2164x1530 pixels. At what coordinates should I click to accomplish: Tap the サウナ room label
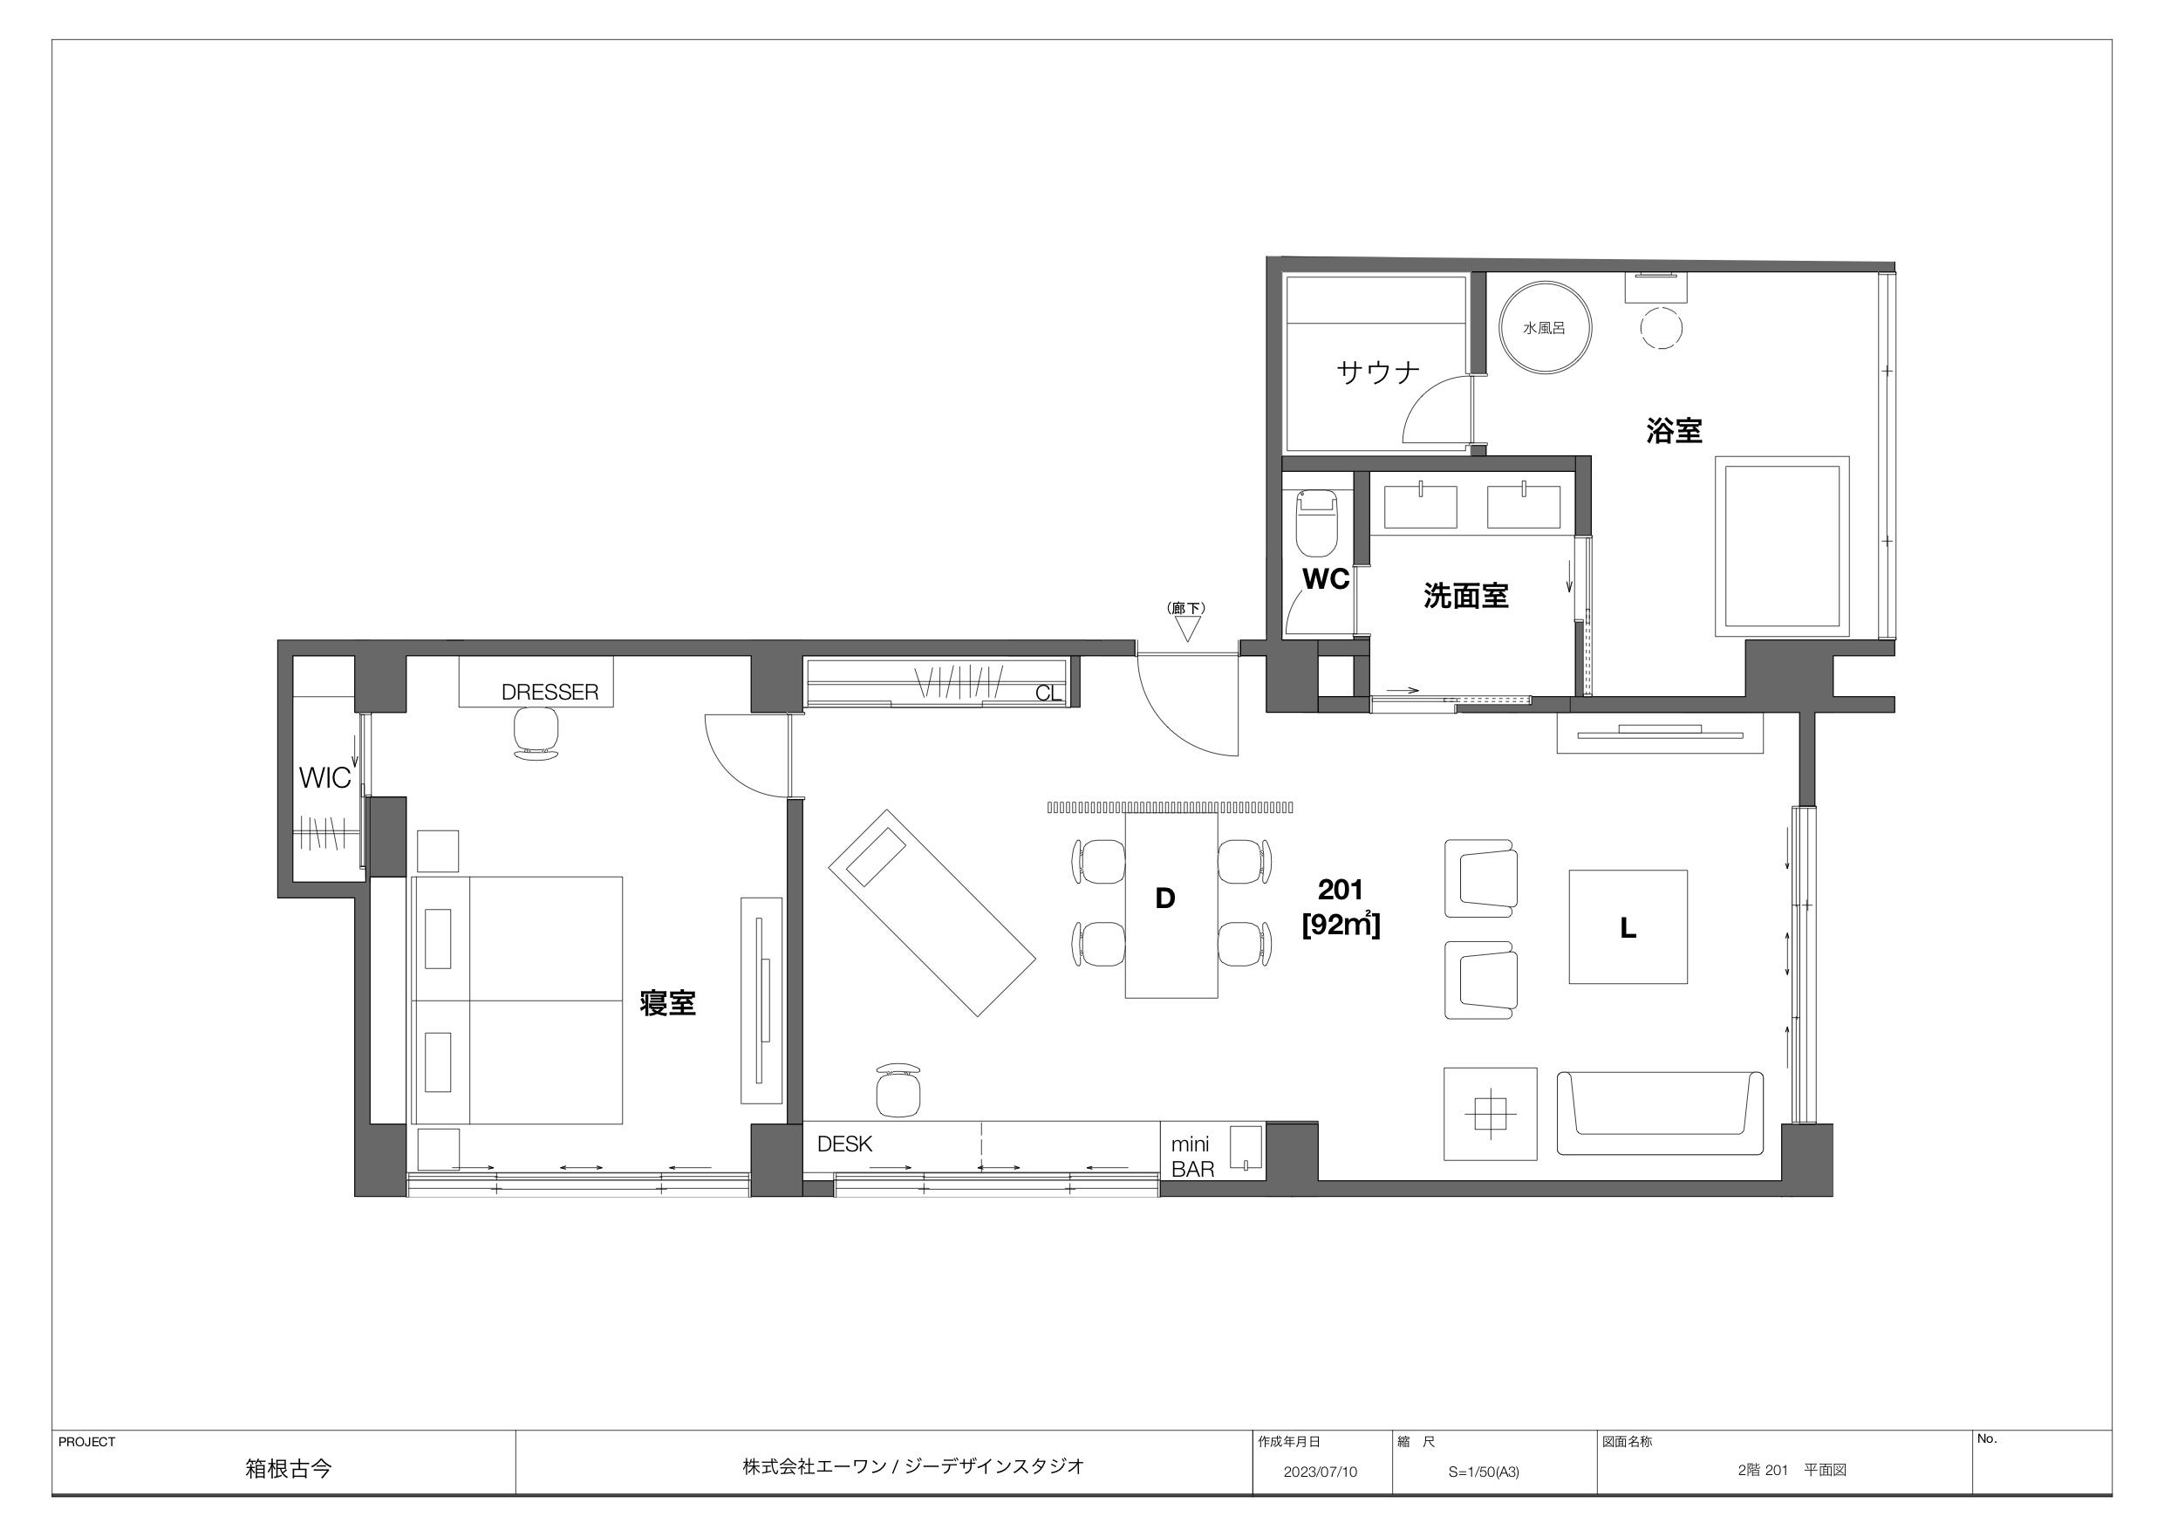point(1378,372)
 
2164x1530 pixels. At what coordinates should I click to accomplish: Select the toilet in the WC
point(1317,523)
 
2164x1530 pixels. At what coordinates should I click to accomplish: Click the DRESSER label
point(550,692)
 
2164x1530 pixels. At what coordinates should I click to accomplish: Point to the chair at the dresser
point(536,733)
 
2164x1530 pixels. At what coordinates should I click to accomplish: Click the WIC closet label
point(325,778)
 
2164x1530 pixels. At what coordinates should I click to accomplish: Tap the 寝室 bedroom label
point(667,1002)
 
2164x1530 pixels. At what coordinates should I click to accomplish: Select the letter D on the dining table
point(1165,898)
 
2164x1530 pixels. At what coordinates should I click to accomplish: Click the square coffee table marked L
point(1628,926)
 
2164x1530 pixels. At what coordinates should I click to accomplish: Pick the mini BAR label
point(1192,1157)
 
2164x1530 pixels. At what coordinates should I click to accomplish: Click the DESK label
point(844,1144)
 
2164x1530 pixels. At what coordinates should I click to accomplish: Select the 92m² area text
point(1341,925)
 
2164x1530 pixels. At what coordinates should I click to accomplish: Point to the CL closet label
point(1048,693)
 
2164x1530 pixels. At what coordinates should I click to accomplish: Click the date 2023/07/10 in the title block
point(1321,1472)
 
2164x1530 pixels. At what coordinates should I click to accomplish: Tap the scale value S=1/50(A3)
point(1484,1472)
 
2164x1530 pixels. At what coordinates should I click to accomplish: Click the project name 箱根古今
point(289,1469)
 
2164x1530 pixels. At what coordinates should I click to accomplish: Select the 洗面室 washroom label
point(1465,596)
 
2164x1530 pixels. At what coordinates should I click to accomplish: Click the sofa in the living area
point(1660,1112)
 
